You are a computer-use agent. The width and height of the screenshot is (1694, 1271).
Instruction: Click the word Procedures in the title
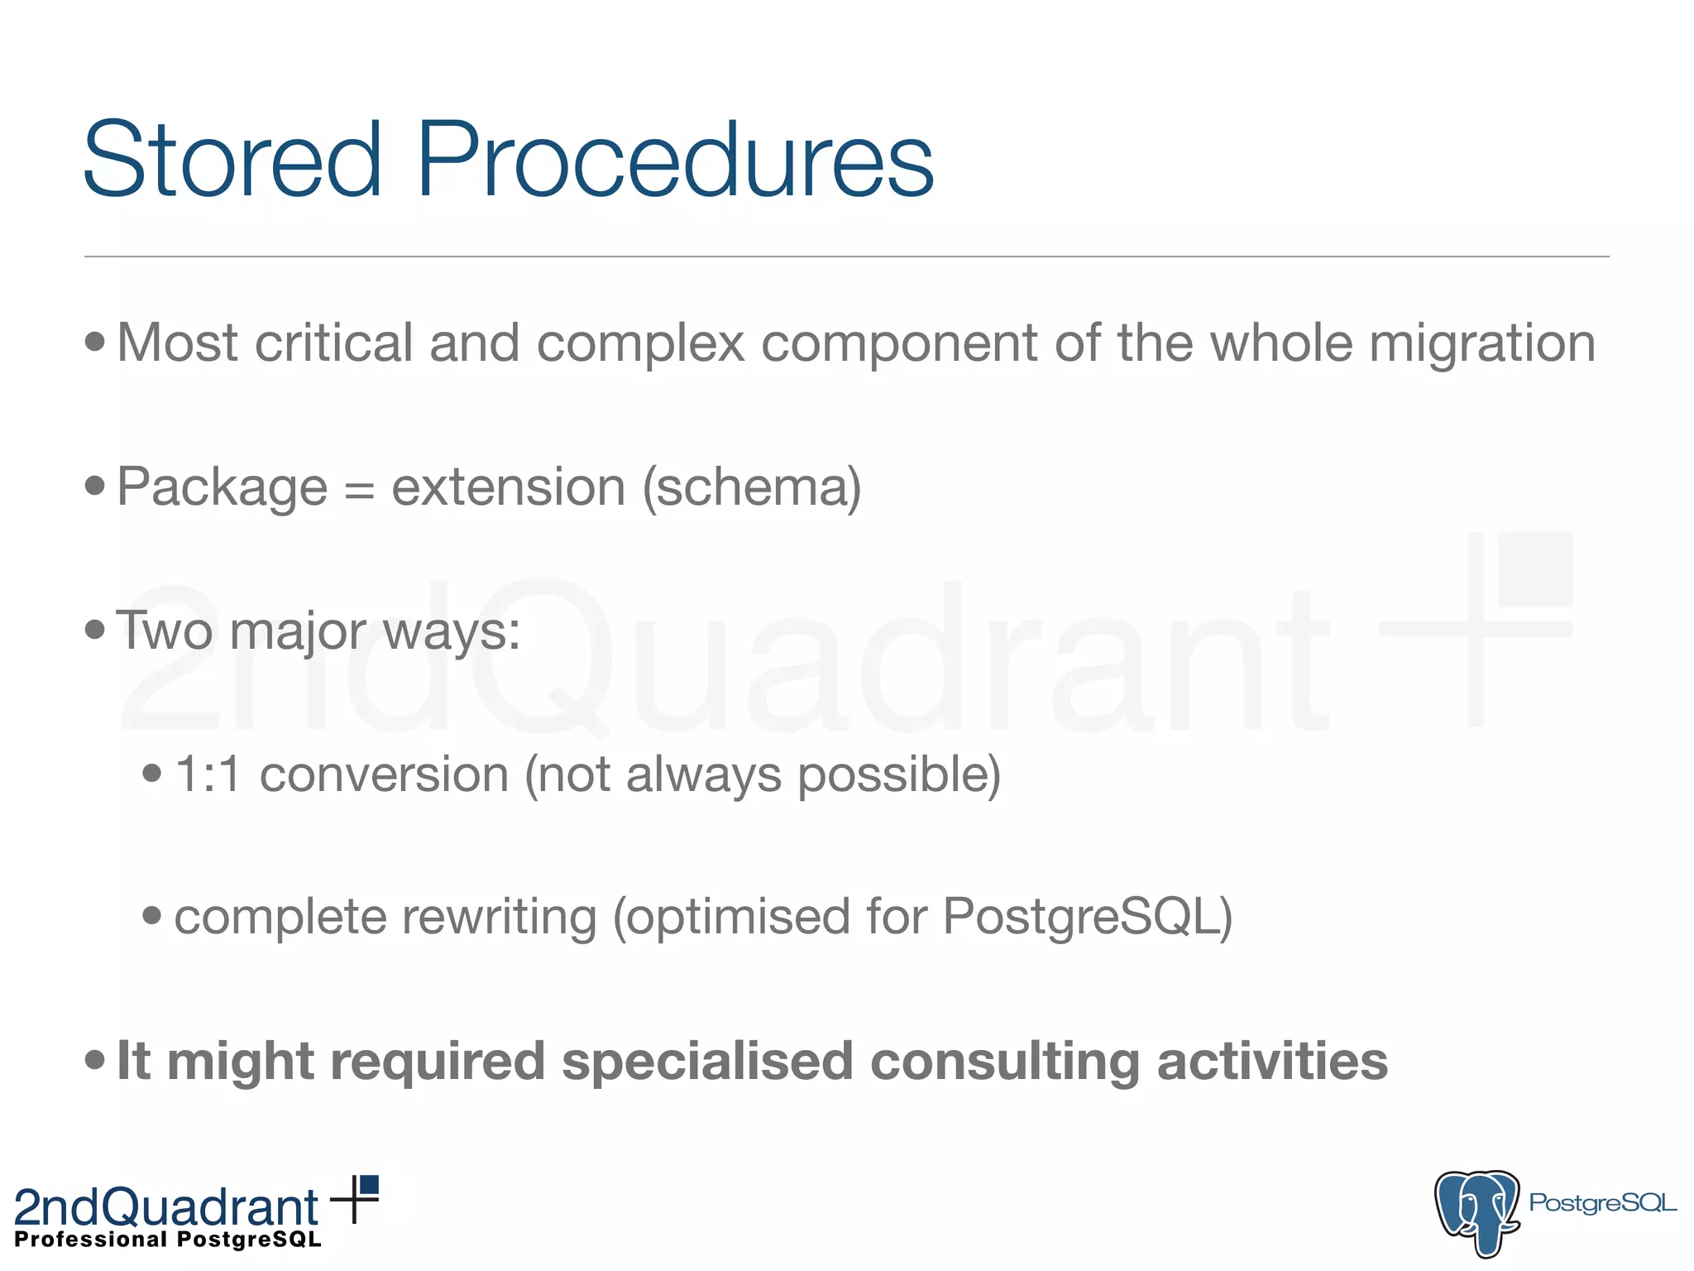click(x=674, y=159)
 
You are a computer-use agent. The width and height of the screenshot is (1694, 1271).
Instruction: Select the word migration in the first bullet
click(x=1481, y=343)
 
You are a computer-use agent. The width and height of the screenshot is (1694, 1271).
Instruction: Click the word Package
click(x=222, y=488)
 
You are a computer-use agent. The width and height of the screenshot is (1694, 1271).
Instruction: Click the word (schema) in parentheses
click(x=752, y=487)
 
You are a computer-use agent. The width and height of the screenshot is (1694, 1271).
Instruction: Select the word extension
click(x=508, y=487)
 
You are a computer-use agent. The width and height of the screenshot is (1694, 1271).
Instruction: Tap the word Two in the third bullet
click(x=164, y=631)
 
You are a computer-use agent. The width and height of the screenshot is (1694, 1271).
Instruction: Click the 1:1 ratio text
click(x=208, y=775)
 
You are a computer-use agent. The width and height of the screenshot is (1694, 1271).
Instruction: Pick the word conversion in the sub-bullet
click(x=384, y=775)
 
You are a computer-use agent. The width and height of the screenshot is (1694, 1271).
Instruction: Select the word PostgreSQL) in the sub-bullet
click(x=1087, y=917)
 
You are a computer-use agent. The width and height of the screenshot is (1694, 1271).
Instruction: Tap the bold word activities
click(x=1272, y=1061)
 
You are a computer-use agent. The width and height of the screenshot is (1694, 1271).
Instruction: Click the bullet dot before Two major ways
click(x=95, y=630)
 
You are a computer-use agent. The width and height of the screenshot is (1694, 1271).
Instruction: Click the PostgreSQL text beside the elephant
click(x=1602, y=1202)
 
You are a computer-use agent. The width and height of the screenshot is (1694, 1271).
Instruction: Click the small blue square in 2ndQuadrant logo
click(x=370, y=1185)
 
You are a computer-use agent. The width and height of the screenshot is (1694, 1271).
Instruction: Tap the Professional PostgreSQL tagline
click(x=168, y=1240)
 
